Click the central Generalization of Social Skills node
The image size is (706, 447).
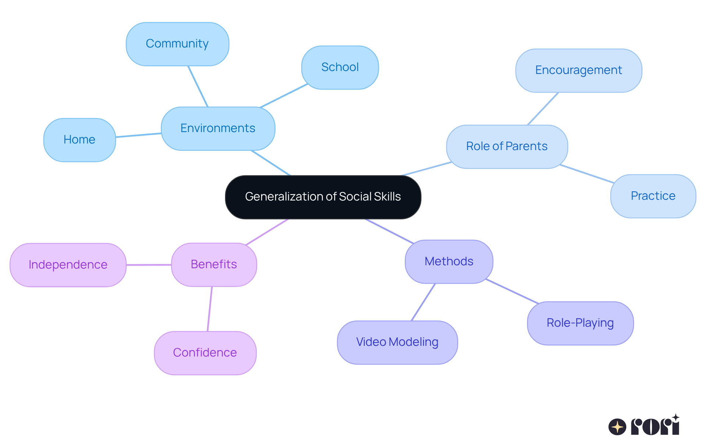click(x=323, y=197)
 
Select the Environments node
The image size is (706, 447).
click(x=218, y=128)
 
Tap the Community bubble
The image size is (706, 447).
click(x=177, y=44)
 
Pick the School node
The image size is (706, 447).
click(x=340, y=67)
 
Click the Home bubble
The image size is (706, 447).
click(x=79, y=140)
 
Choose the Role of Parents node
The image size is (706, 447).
click(x=507, y=146)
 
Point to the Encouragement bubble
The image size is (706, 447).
click(x=578, y=70)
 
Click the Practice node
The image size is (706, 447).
click(x=653, y=196)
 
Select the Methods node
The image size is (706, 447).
click(x=449, y=262)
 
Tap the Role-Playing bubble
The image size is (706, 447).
click(x=580, y=323)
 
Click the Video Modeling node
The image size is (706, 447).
click(x=397, y=342)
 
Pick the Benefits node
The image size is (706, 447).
click(x=214, y=265)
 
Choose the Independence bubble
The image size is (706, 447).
click(x=68, y=265)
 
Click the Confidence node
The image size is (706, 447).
click(x=205, y=353)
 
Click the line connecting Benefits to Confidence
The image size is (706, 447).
click(x=210, y=309)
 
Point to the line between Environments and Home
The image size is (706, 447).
click(x=139, y=135)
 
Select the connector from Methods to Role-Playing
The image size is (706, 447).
click(x=512, y=291)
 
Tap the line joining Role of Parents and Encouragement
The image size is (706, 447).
click(x=543, y=109)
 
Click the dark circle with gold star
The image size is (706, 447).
click(x=617, y=427)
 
